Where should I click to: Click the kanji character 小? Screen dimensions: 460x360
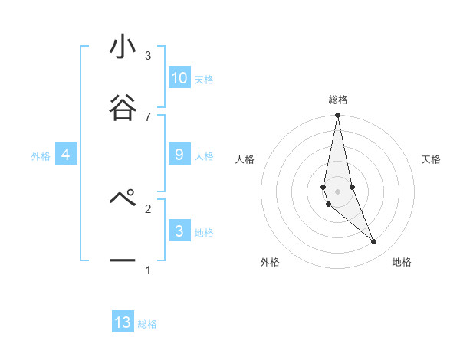[x=123, y=47]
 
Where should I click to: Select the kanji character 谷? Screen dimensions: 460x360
[x=123, y=106]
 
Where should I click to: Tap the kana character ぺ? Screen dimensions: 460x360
[x=123, y=198]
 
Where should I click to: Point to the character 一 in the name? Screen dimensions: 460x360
[x=123, y=260]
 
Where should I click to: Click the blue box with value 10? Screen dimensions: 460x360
[x=179, y=78]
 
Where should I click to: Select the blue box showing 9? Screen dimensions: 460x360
[x=179, y=155]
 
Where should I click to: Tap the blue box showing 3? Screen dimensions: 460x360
[x=179, y=231]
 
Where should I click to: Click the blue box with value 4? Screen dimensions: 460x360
[x=66, y=155]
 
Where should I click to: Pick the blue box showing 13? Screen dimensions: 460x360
[x=123, y=322]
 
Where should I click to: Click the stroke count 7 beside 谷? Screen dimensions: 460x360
[x=148, y=116]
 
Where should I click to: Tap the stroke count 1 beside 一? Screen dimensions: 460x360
[x=148, y=270]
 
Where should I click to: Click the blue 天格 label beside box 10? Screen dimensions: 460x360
[x=204, y=80]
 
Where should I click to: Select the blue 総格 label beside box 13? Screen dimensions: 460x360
[x=147, y=324]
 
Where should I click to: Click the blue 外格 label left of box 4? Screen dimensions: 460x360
[x=41, y=156]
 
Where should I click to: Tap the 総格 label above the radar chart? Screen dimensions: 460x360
[x=338, y=100]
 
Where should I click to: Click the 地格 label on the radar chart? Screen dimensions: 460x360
[x=402, y=262]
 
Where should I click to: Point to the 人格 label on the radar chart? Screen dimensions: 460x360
[x=245, y=159]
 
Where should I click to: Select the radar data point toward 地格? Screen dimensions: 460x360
[x=373, y=242]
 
